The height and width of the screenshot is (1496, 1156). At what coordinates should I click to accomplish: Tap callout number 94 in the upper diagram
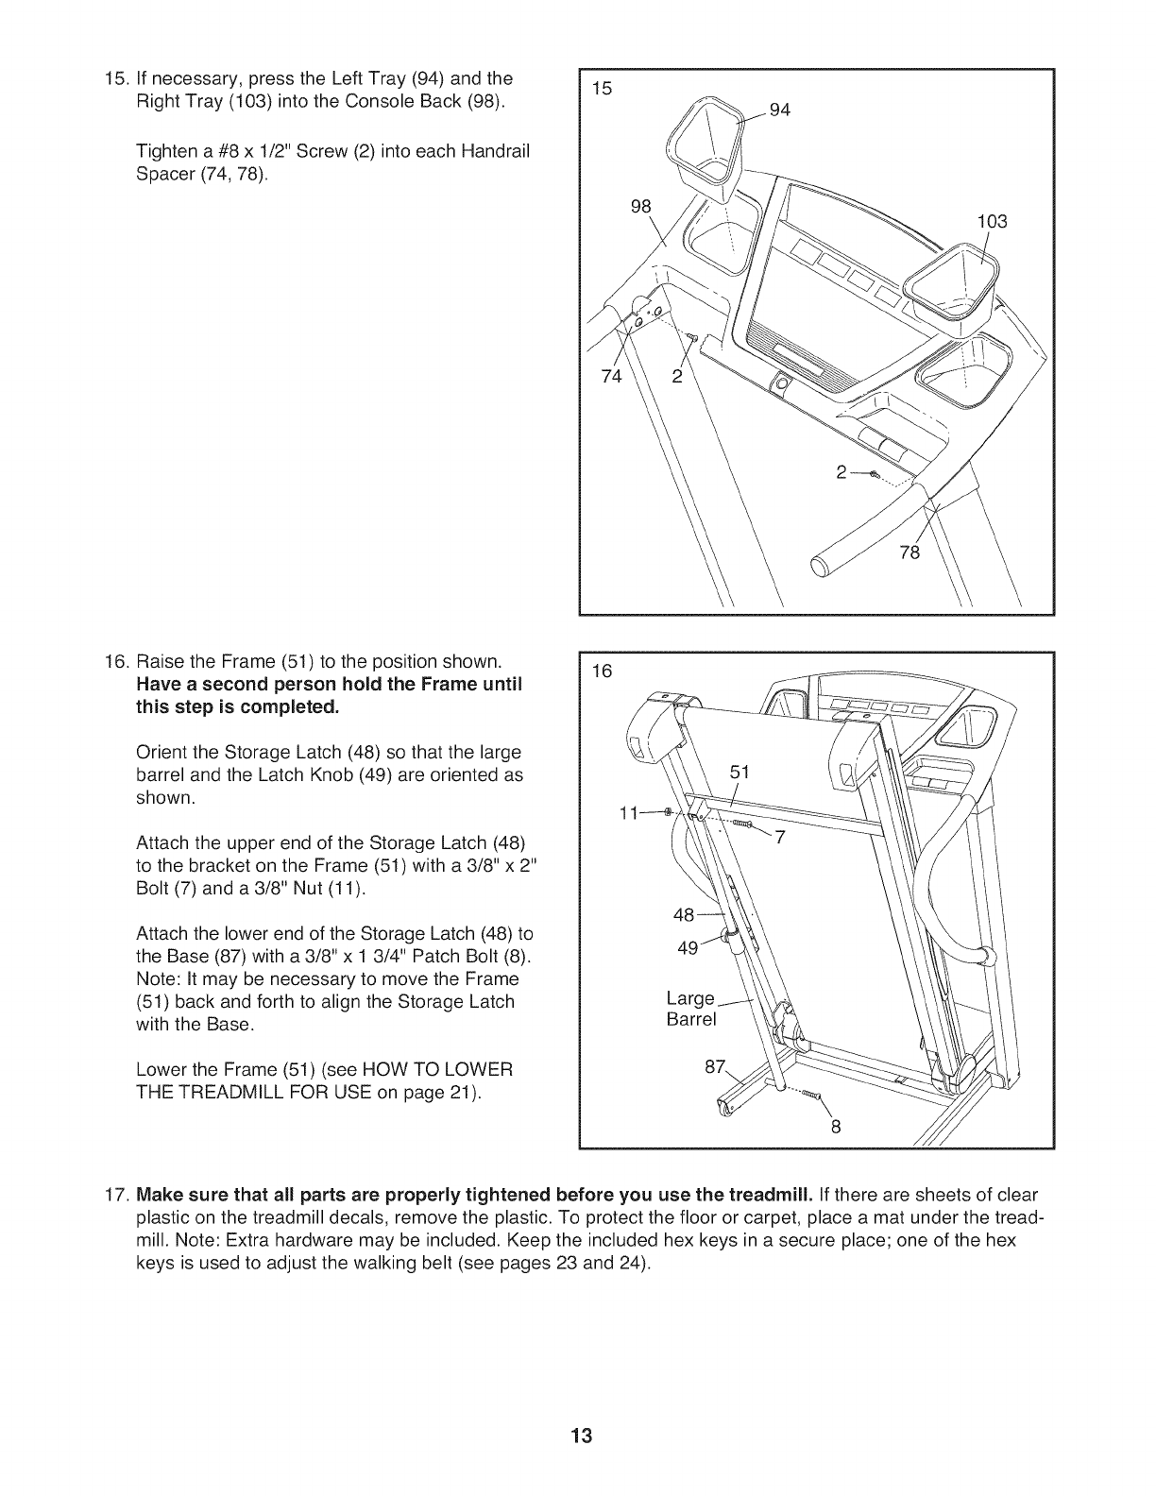point(780,110)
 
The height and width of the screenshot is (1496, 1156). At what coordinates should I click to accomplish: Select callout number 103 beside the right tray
point(993,222)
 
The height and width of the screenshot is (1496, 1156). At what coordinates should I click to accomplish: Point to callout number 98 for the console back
point(641,208)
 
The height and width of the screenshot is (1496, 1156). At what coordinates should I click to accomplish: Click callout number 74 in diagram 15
point(612,378)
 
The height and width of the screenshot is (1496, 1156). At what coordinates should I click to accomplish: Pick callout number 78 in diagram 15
point(909,552)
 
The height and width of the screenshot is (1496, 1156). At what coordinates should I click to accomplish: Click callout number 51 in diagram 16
point(739,772)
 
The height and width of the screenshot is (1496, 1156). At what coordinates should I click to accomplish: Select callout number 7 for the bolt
point(780,837)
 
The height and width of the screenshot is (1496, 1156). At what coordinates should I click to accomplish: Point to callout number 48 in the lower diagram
point(684,914)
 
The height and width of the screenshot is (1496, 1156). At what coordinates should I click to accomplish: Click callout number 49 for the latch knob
point(688,947)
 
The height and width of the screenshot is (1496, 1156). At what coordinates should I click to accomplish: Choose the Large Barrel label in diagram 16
point(691,1009)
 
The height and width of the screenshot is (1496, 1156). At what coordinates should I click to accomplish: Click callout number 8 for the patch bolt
point(835,1126)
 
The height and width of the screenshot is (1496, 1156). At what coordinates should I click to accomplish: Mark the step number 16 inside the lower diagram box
point(602,671)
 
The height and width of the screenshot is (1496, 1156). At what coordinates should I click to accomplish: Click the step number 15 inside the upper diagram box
point(602,89)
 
